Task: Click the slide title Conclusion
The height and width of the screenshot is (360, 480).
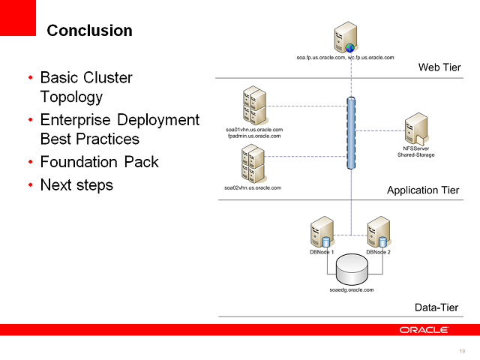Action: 89,31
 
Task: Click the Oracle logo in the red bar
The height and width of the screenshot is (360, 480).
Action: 424,330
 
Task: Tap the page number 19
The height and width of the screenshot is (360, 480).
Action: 461,351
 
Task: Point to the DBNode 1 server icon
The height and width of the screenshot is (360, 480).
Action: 322,232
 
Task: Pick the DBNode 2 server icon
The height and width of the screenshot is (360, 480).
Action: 378,232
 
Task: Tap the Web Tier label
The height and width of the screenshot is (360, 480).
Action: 439,68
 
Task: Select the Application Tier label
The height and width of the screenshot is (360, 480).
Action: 422,190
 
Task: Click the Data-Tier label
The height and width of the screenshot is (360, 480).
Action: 436,307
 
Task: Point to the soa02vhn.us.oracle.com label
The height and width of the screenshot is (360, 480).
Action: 253,187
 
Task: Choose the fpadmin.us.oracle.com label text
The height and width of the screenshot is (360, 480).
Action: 253,136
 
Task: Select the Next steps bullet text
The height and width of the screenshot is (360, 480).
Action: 76,184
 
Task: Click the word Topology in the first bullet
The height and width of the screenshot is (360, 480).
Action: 71,97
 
